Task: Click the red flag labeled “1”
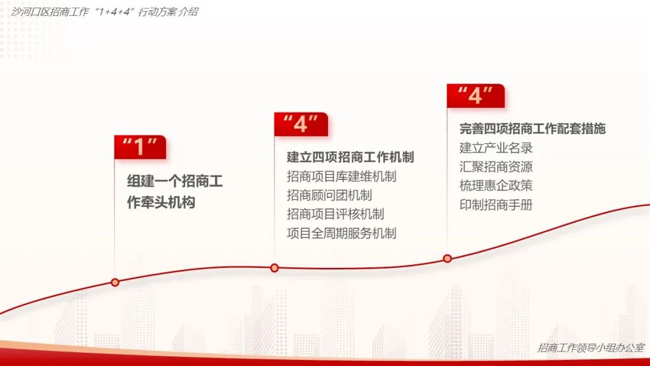(x=140, y=147)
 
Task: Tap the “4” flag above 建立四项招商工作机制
(x=300, y=124)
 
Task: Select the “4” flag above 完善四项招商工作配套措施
(x=475, y=96)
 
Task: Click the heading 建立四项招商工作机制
(x=350, y=157)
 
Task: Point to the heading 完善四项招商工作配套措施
(x=532, y=128)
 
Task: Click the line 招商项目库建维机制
(x=341, y=176)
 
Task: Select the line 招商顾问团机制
(x=329, y=195)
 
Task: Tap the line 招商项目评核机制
(x=335, y=214)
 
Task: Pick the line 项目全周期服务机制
(x=341, y=233)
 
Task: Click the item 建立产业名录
(x=496, y=147)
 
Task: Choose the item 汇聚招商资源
(x=496, y=167)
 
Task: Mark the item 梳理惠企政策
(x=496, y=185)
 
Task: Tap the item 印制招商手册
(x=496, y=205)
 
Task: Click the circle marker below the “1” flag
(x=115, y=282)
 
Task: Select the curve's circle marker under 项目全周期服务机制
(x=274, y=268)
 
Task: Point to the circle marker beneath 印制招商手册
(x=447, y=258)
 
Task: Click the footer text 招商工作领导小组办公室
(x=590, y=347)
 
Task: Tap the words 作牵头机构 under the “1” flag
(x=161, y=203)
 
